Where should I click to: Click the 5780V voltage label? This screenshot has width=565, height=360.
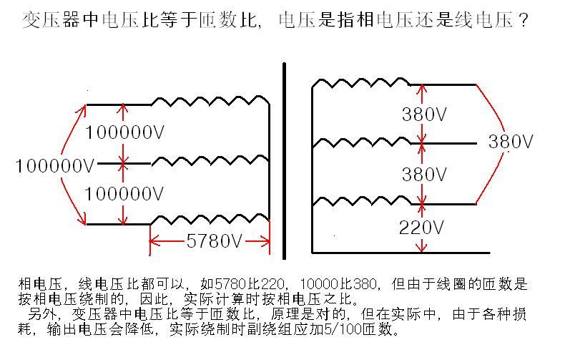(214, 240)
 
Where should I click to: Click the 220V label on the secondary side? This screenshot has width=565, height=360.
(422, 228)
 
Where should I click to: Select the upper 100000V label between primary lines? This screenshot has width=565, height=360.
(124, 132)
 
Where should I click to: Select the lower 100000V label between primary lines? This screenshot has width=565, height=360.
(124, 193)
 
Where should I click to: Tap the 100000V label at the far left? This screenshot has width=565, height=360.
(54, 165)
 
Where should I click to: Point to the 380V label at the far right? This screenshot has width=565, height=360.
(511, 142)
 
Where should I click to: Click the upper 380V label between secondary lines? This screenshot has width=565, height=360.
(425, 114)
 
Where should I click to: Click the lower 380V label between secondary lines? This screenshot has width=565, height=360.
(425, 175)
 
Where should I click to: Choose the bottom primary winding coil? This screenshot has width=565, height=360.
(211, 217)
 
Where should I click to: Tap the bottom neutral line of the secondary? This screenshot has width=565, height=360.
(401, 253)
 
